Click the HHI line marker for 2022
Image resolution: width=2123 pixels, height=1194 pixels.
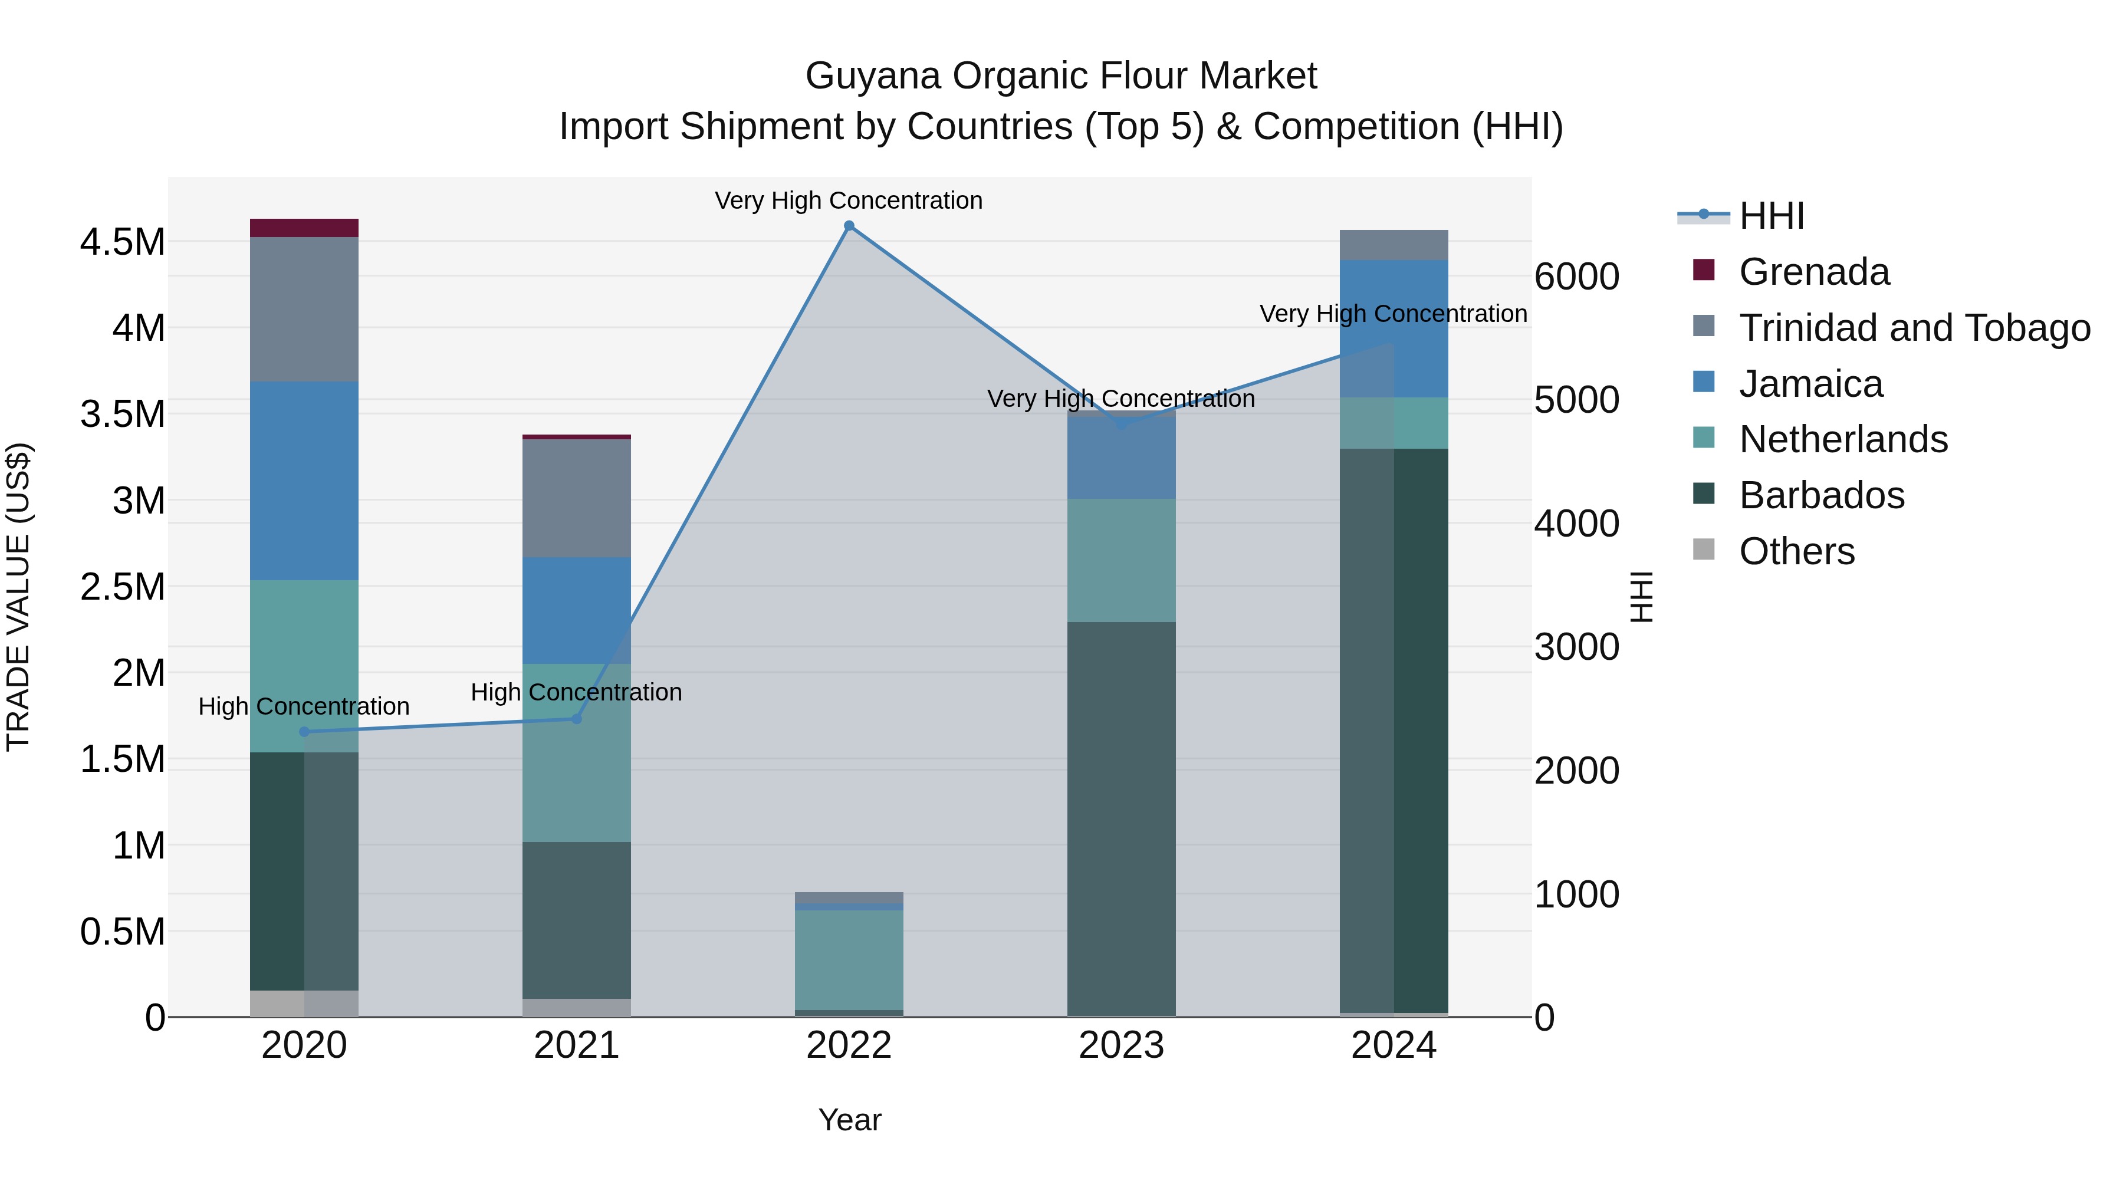[x=849, y=226]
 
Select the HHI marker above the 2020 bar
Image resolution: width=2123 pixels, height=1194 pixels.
[x=304, y=732]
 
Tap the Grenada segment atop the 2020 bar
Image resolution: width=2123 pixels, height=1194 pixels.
[x=304, y=228]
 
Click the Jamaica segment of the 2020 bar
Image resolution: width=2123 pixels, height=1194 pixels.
[x=304, y=481]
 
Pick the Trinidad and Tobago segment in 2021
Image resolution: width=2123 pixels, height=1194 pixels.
[x=576, y=498]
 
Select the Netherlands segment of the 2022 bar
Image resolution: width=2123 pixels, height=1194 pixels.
[x=849, y=959]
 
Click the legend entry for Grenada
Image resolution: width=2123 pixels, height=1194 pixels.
[x=1813, y=272]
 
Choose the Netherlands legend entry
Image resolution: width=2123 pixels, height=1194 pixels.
[x=1843, y=439]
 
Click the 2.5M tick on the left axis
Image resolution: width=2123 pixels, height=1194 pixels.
[x=123, y=587]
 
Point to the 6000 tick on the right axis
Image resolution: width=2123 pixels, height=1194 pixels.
[x=1576, y=277]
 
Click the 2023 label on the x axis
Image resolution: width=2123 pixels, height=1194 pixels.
[x=1121, y=1045]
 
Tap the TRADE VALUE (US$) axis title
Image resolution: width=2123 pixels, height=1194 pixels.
[x=19, y=597]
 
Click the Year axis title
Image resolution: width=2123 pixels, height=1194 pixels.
[x=850, y=1120]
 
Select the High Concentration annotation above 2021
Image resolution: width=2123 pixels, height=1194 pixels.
[x=576, y=692]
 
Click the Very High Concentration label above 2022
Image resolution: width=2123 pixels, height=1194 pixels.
[x=848, y=200]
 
